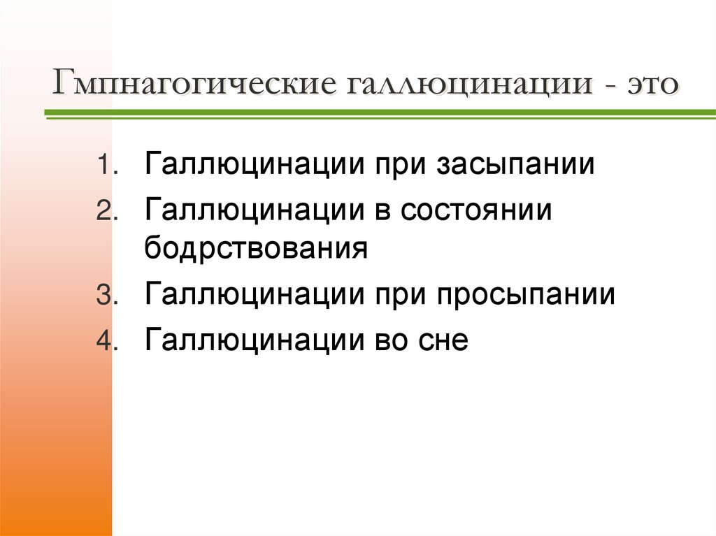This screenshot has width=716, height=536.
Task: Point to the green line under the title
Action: pyautogui.click(x=378, y=113)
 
